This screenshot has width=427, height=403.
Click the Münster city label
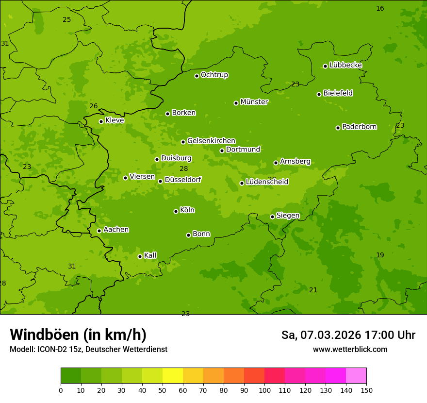click(x=254, y=102)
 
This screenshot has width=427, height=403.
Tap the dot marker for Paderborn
click(x=338, y=128)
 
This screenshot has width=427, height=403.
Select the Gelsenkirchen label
click(x=211, y=141)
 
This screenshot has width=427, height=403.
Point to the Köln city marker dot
click(x=176, y=211)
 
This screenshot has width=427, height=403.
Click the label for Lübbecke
click(x=345, y=65)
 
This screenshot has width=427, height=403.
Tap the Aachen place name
click(x=116, y=230)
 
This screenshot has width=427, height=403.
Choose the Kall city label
click(x=150, y=255)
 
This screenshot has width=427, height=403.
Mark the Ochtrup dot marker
click(x=197, y=76)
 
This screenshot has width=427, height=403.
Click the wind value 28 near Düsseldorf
click(x=183, y=169)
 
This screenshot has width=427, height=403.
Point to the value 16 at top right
click(x=380, y=8)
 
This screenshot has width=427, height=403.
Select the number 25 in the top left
click(x=66, y=19)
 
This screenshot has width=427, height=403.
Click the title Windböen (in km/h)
click(x=78, y=335)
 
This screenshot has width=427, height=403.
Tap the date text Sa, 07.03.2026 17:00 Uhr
click(x=348, y=335)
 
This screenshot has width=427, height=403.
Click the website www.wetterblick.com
click(x=350, y=349)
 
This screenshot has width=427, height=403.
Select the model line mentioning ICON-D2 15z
click(x=88, y=349)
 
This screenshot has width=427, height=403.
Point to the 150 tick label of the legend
click(x=366, y=390)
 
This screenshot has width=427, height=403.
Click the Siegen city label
click(x=288, y=216)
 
